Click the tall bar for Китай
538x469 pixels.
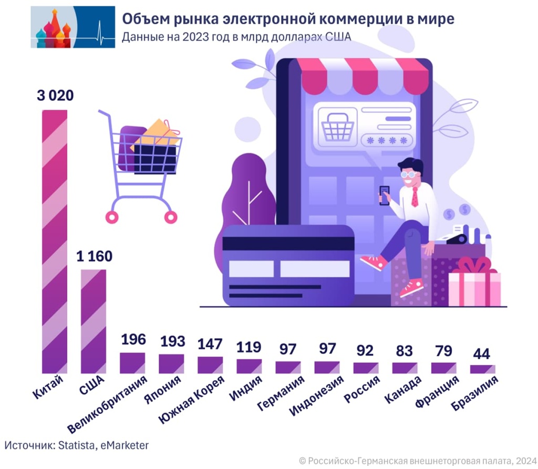click(x=55, y=242)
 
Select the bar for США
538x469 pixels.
click(x=94, y=321)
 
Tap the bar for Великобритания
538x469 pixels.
click(x=132, y=362)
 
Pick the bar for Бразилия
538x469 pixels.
click(x=482, y=369)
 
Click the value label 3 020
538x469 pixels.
click(x=55, y=96)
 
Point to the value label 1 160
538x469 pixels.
click(x=94, y=257)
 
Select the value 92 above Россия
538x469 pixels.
click(x=365, y=350)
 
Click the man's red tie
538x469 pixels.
click(x=415, y=196)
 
